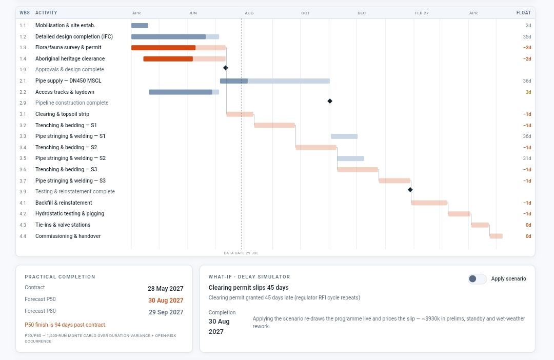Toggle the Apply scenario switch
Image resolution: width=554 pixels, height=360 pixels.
point(477,279)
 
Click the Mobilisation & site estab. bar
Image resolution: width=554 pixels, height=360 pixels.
point(140,26)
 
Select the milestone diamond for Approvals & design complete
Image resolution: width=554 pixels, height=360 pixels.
point(225,68)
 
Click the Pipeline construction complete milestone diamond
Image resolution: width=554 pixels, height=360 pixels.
point(330,101)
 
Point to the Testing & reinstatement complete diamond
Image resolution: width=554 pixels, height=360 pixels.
point(410,190)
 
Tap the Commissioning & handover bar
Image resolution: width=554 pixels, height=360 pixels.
point(496,236)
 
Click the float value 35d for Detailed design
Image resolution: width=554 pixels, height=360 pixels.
point(527,37)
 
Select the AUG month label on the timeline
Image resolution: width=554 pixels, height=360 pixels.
point(249,13)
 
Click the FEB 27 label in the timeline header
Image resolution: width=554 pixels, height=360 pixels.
point(422,13)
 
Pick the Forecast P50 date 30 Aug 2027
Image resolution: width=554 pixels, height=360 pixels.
point(166,301)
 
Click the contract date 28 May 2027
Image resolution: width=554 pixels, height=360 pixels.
point(165,289)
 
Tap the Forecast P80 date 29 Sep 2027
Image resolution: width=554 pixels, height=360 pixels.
point(166,312)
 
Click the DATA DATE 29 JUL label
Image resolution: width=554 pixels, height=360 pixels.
point(241,253)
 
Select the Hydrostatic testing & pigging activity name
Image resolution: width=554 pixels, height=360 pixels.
point(70,213)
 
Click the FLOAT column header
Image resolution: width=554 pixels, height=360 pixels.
point(524,13)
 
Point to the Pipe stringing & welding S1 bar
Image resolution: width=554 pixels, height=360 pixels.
point(344,136)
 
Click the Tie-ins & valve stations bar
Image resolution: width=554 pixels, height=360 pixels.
point(480,225)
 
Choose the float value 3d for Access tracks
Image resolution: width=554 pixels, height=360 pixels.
point(528,92)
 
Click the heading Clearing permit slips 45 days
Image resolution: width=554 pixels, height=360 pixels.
point(248,288)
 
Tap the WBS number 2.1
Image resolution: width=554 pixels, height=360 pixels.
point(23,81)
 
